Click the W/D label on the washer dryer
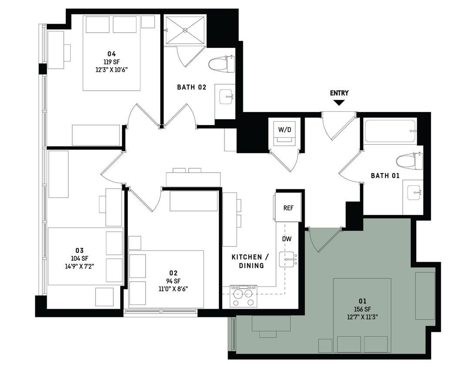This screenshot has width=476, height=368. [x=286, y=129]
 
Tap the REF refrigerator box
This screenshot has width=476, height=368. [x=288, y=208]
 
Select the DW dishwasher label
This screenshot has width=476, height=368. [x=287, y=239]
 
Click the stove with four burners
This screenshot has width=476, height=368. [x=243, y=296]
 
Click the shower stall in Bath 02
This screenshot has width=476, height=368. [x=185, y=30]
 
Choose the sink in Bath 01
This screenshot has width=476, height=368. [x=413, y=192]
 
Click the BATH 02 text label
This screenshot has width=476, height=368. [x=191, y=87]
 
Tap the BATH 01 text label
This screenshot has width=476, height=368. [x=385, y=176]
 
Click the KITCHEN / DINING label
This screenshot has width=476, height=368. [x=247, y=261]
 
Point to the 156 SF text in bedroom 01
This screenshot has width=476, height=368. [x=362, y=309]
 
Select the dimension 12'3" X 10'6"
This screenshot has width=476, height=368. [x=112, y=69]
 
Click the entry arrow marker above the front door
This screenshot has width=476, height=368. [x=340, y=102]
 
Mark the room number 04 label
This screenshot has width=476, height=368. [x=112, y=55]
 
